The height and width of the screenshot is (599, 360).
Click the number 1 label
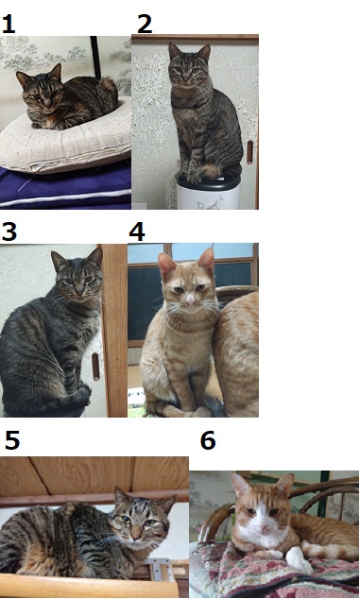coord(8,25)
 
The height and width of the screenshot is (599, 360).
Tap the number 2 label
coord(145,25)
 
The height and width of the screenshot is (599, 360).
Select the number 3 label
coord(9,231)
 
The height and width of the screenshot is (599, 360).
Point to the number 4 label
coord(137,231)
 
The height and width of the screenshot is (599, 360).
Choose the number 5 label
coord(12,440)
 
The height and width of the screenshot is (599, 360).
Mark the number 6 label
coord(208,440)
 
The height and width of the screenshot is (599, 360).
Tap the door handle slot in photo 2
coord(250,152)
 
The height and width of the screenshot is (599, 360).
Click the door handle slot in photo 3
coord(95,367)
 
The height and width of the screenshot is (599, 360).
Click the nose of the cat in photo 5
coord(136,537)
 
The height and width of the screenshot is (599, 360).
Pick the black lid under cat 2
coord(208,181)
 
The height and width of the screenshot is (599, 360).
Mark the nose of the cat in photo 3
coord(79,292)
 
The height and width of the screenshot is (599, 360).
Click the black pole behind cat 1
coord(95,58)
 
